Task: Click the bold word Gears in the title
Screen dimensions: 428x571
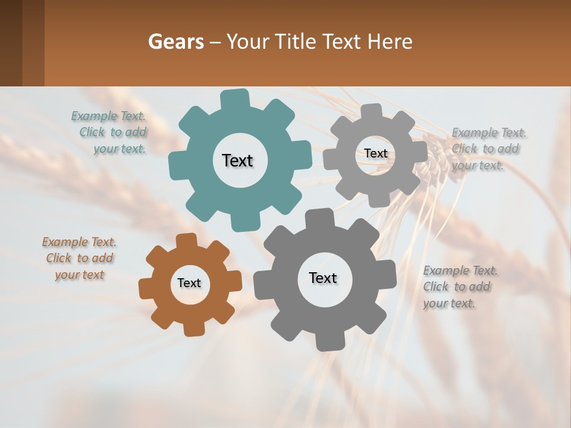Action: point(175,42)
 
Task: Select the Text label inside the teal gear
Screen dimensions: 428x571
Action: point(237,160)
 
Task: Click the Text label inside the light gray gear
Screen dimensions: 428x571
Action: point(376,153)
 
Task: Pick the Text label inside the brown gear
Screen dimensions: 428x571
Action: point(189,283)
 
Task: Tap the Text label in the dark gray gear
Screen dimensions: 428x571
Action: point(323,278)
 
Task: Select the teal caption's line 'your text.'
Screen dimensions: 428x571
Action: point(120,149)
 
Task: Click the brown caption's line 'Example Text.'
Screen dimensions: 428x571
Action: point(79,242)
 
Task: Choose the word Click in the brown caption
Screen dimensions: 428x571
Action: point(59,258)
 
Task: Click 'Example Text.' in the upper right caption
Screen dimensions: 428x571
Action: point(489,133)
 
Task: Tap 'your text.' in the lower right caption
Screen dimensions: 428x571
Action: point(449,303)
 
